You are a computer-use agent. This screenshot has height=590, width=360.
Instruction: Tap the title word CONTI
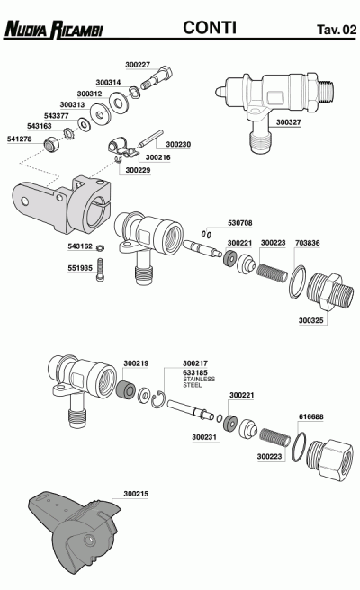pos(210,28)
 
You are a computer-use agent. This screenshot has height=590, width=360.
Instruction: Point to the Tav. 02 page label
pos(335,30)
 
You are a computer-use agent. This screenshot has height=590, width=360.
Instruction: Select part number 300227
pos(138,65)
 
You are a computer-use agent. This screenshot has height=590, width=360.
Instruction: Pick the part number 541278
pos(19,139)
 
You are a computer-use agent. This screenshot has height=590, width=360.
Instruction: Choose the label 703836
pos(308,242)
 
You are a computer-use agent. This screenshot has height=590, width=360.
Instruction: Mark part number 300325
pos(311,319)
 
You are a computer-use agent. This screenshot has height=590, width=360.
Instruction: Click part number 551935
pos(80,267)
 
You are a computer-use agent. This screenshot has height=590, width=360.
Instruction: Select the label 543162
pos(80,245)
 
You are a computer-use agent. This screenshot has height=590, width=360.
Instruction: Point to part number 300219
pos(136,362)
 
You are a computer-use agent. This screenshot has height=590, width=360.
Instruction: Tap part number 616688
pos(310,416)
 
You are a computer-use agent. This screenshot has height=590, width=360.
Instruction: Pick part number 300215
pos(136,494)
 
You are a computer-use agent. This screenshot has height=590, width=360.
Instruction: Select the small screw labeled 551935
pos(106,267)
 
